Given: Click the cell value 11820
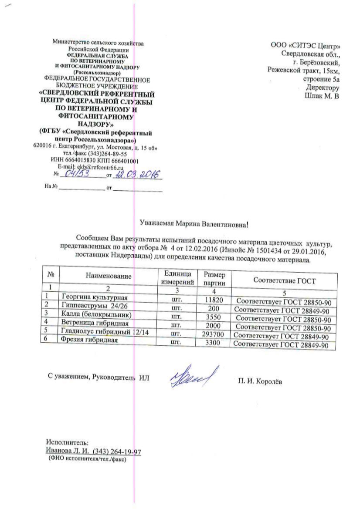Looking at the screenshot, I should click(214, 300).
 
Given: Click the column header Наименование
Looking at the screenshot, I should click(109, 276).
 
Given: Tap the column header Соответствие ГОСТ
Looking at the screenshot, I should click(284, 281).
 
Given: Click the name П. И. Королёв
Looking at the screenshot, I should click(260, 382).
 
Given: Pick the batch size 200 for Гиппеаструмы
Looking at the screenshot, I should click(214, 309).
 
